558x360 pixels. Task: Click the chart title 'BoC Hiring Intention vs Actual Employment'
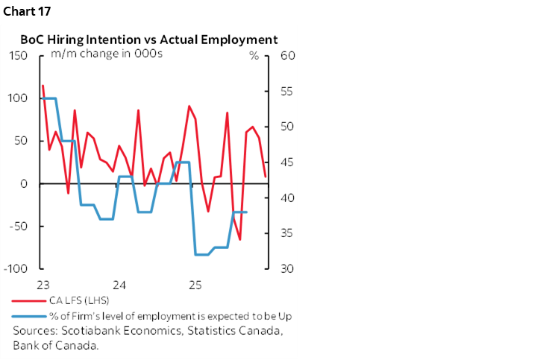[x=148, y=40]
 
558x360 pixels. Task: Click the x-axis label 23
[x=43, y=285]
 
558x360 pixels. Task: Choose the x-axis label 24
[x=119, y=285]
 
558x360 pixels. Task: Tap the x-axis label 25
[x=195, y=285]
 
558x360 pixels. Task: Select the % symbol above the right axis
[x=254, y=55]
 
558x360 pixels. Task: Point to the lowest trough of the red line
[x=239, y=240]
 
